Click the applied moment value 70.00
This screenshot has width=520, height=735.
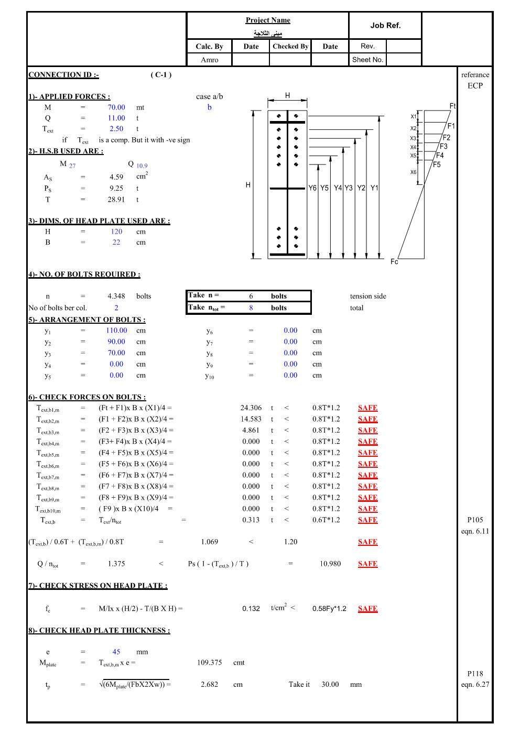(116, 107)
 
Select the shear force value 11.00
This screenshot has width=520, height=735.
(116, 118)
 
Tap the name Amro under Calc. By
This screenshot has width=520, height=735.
(209, 60)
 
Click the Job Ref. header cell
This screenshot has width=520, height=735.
(385, 25)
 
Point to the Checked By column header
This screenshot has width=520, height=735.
(290, 46)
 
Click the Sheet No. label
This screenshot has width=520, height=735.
(367, 60)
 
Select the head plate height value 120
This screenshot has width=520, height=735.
(116, 232)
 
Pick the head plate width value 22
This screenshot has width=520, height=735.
(116, 243)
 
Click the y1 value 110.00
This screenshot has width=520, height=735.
(116, 331)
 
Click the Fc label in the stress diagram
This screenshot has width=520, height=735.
(394, 261)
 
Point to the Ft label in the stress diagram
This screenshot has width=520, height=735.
(453, 106)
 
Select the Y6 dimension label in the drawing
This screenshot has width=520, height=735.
(312, 188)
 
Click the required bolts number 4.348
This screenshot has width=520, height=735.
(116, 296)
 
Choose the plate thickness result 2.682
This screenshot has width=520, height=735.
(209, 684)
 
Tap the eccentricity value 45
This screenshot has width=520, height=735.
(116, 652)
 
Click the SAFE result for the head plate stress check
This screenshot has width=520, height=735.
(367, 609)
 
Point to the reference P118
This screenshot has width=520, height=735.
(475, 674)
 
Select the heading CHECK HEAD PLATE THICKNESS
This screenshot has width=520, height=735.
(99, 630)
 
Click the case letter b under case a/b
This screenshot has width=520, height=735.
(209, 107)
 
